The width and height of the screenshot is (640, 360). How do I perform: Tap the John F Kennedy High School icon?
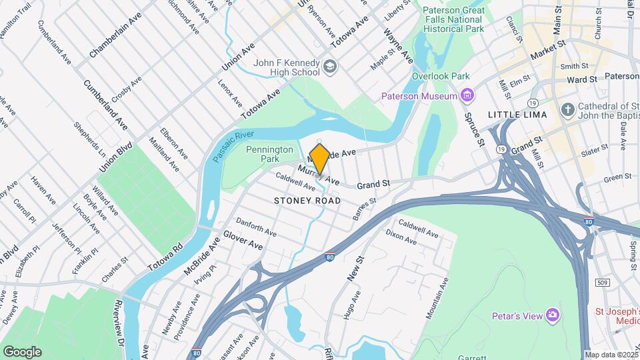pos(329,67)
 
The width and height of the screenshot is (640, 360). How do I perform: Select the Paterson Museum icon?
pos(467,96)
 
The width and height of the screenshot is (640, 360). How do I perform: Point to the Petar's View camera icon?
pos(552,315)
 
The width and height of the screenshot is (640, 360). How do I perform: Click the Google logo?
pos(22,351)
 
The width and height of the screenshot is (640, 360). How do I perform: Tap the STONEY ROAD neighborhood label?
pos(307,200)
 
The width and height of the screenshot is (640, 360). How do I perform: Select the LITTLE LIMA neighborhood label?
pos(517,115)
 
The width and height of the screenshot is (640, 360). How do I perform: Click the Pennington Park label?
pos(269,155)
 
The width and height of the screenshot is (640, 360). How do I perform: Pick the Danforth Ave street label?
pos(256,226)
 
